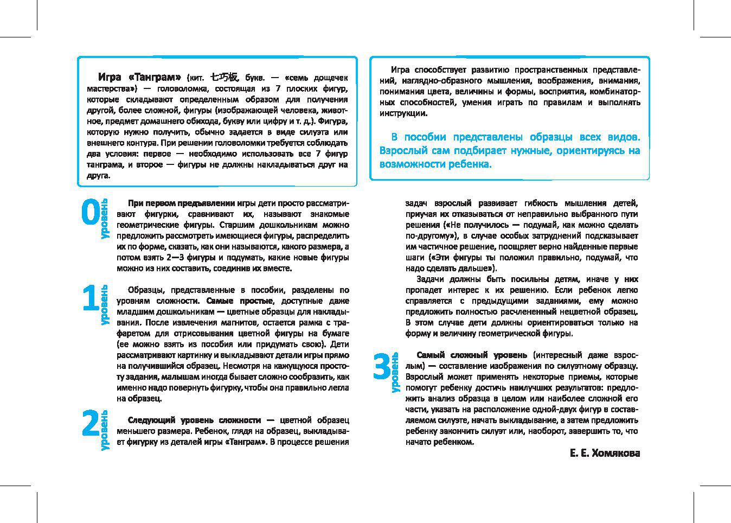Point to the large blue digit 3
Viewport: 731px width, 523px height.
(x=382, y=367)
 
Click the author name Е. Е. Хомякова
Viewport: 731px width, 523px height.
(x=605, y=452)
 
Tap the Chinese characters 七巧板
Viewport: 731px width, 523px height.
(x=224, y=77)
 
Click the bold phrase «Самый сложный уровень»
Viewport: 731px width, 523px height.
(x=471, y=355)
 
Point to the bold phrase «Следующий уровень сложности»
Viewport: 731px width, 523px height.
(x=194, y=420)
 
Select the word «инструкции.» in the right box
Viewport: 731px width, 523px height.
(x=403, y=113)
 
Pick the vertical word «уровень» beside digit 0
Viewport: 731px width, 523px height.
(x=104, y=219)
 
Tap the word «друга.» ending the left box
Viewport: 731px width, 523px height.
(x=98, y=175)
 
